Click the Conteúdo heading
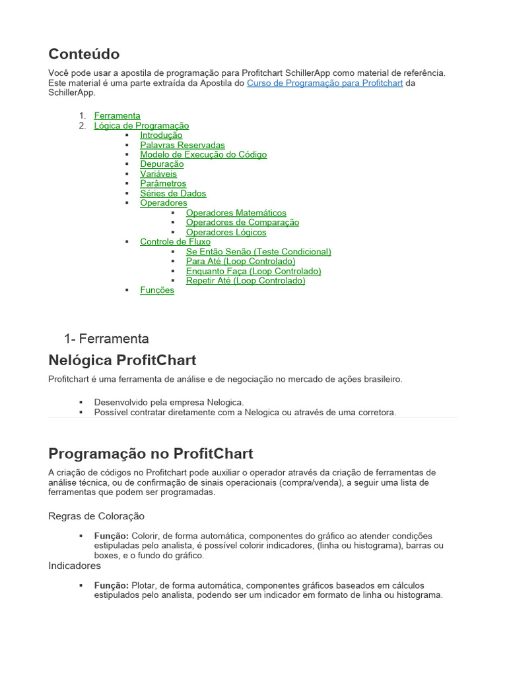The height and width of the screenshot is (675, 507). [x=84, y=53]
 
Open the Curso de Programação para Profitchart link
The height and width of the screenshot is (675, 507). [x=324, y=83]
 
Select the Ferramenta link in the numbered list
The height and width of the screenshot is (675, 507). [x=117, y=115]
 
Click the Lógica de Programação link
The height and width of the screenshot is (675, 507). [x=141, y=125]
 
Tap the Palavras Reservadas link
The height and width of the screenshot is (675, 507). [x=182, y=145]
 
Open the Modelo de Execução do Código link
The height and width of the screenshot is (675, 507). [x=203, y=154]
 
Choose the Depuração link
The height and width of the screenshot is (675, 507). [x=162, y=164]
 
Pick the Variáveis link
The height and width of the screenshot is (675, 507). [x=158, y=174]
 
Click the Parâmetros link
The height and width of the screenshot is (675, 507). [x=163, y=183]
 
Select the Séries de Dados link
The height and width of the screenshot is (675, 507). [x=173, y=193]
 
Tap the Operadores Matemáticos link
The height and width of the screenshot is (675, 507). [x=236, y=213]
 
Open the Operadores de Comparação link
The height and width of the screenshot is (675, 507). [x=242, y=222]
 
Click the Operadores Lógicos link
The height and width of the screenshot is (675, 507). [x=226, y=232]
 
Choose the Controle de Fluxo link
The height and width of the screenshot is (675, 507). [x=175, y=242]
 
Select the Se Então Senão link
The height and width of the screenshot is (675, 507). [x=258, y=251]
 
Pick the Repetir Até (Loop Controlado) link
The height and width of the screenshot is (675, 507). [x=246, y=280]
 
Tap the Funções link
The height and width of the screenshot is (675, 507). [x=157, y=290]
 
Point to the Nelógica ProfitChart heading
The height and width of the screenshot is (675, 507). [x=122, y=360]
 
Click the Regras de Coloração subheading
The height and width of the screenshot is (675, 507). [x=96, y=515]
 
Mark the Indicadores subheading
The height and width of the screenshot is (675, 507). [x=75, y=566]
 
